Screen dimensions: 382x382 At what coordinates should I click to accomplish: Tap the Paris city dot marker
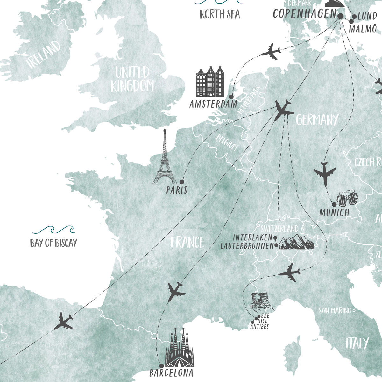tap(182, 182)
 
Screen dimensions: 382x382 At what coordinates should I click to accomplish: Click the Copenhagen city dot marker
tap(340, 16)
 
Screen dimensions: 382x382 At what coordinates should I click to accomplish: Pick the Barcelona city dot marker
tap(161, 366)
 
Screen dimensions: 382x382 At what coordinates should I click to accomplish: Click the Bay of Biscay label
tap(53, 243)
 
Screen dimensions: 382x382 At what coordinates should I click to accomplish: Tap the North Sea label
tap(220, 14)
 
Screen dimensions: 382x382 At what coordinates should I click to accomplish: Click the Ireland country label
tap(44, 54)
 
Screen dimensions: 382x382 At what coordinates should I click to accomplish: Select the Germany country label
tap(317, 120)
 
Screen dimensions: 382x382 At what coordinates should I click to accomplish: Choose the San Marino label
tap(335, 310)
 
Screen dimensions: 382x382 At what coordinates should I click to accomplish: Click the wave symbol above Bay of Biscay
tap(53, 230)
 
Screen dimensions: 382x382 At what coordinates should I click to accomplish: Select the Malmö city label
tap(363, 29)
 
